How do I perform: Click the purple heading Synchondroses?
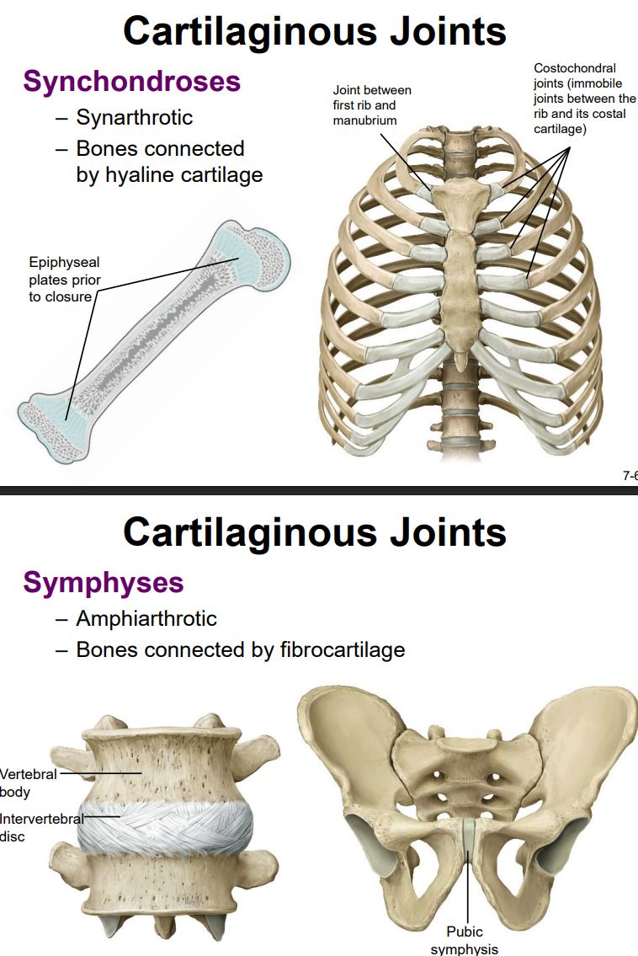[132, 82]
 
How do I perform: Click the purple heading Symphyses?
[104, 582]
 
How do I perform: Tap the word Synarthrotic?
[135, 118]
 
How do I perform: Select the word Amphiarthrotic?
[146, 619]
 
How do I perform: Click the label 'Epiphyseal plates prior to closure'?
[64, 280]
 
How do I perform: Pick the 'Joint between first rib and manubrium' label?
[372, 104]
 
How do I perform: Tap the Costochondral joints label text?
[584, 98]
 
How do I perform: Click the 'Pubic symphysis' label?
[465, 940]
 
